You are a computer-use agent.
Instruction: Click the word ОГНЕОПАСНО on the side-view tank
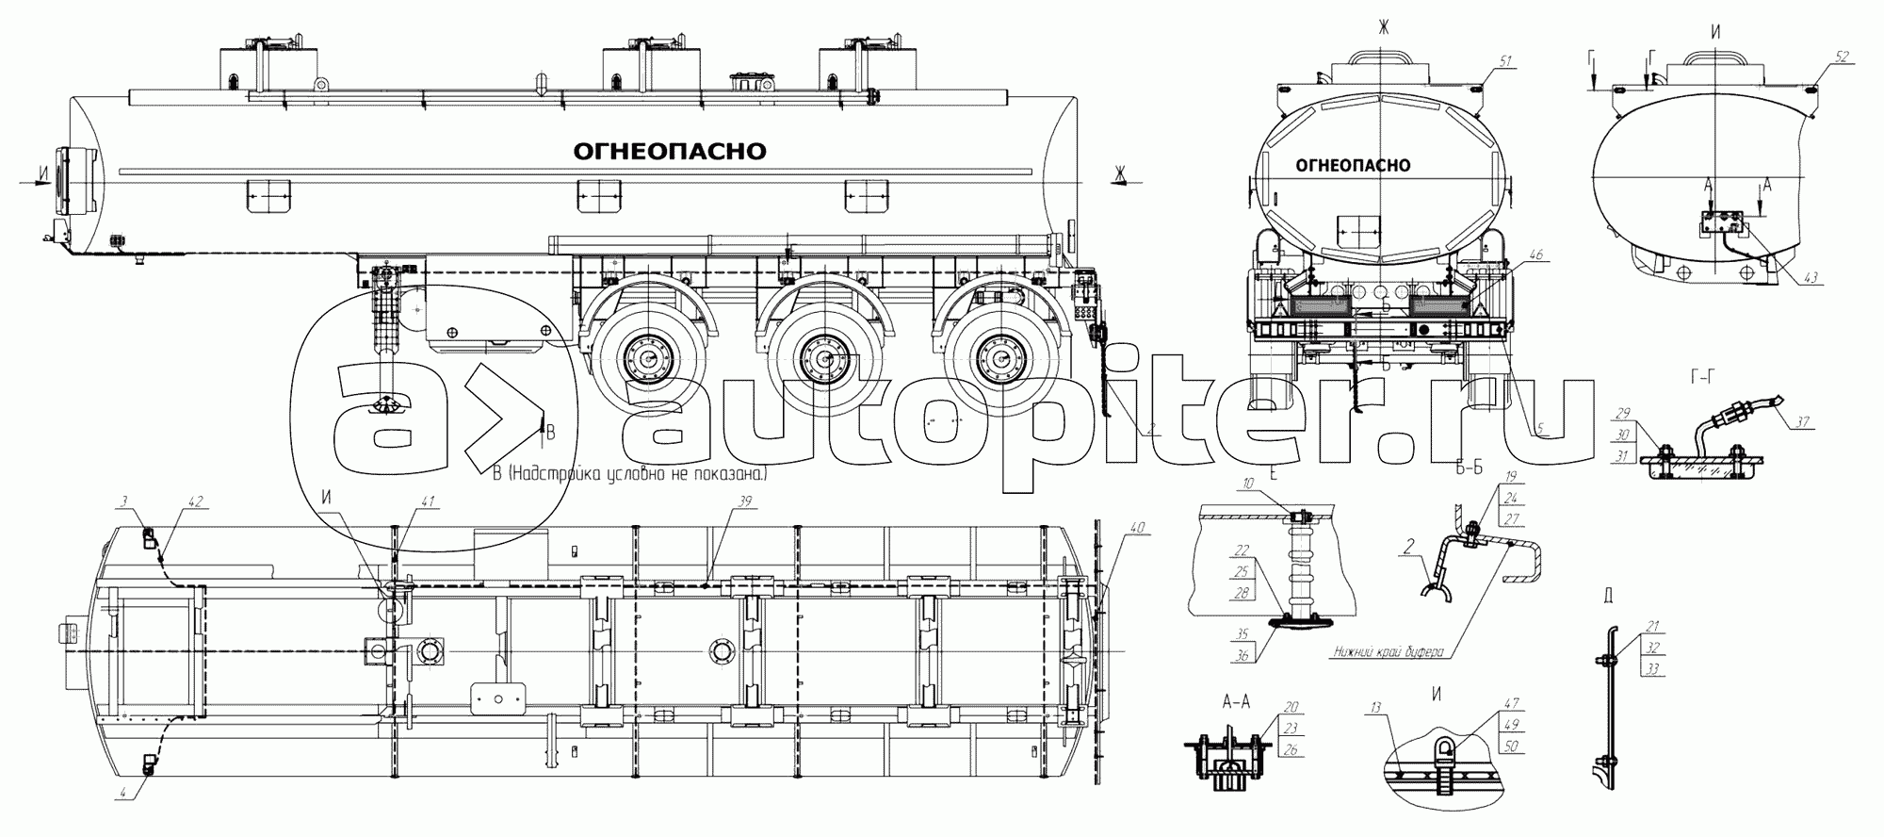pos(669,152)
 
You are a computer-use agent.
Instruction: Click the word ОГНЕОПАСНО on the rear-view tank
pos(1353,166)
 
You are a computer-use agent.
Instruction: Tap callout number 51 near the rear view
pos(1505,61)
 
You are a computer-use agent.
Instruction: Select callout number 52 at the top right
pos(1841,56)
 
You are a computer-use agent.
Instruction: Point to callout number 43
pos(1811,277)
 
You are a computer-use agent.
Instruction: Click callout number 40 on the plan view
pos(1138,529)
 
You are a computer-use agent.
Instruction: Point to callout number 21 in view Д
pos(1652,626)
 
